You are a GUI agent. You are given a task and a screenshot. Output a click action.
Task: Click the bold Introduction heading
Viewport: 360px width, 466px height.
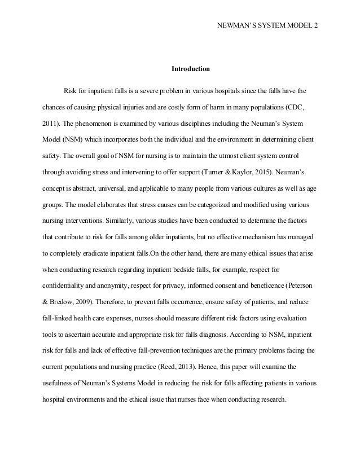click(x=191, y=69)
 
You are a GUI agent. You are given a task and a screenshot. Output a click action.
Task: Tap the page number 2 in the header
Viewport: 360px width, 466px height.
click(x=316, y=27)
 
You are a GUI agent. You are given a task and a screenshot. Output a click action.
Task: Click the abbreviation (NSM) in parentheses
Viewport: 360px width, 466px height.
click(x=72, y=138)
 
